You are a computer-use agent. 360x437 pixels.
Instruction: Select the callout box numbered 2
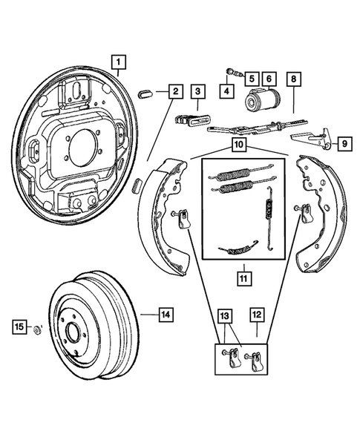click(174, 91)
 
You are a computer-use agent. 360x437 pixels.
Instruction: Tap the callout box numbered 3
click(197, 91)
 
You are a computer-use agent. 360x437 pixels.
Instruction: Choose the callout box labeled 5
click(252, 77)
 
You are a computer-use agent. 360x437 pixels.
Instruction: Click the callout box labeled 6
click(268, 77)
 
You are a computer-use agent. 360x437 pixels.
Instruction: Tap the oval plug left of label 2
click(146, 94)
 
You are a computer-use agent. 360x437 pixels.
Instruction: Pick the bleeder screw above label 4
click(232, 73)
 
